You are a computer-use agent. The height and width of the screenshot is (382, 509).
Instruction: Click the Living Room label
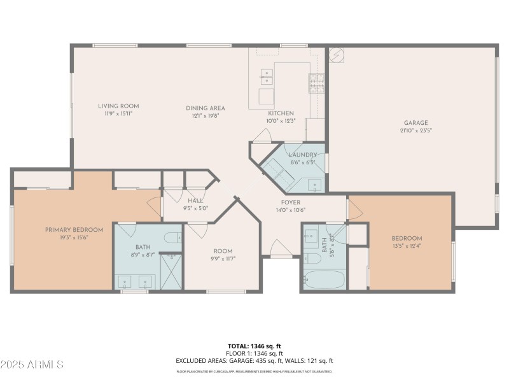118,106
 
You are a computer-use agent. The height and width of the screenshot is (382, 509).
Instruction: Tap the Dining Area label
205,108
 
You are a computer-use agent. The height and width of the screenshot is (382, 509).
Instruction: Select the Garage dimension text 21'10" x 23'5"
415,131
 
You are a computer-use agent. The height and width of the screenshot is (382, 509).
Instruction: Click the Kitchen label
281,113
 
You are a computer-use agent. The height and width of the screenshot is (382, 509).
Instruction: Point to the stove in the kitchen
317,83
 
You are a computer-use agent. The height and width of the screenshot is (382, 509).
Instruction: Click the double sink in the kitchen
266,78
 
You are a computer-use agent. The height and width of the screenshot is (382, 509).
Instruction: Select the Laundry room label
303,155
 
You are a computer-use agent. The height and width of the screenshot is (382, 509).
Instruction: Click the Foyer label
291,202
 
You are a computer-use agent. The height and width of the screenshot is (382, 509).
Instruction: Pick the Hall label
195,201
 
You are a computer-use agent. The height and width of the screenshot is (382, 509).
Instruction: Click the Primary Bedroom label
74,230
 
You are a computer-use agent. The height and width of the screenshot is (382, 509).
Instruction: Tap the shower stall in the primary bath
171,271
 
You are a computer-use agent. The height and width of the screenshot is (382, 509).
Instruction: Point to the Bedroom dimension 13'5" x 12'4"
407,246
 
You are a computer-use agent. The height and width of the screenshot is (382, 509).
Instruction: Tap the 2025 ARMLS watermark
32,364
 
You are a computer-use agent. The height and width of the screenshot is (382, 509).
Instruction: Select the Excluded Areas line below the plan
254,360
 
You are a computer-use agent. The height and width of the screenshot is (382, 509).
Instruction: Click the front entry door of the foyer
280,248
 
